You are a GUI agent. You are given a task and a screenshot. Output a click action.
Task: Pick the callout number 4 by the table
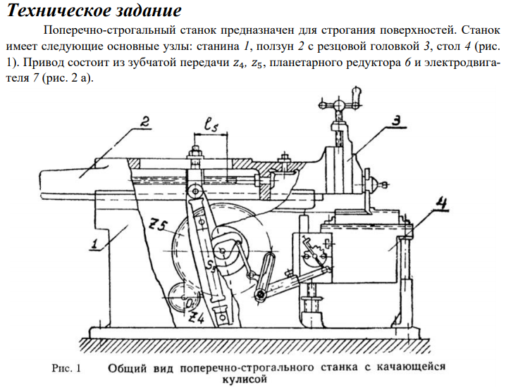coord(442,204)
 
